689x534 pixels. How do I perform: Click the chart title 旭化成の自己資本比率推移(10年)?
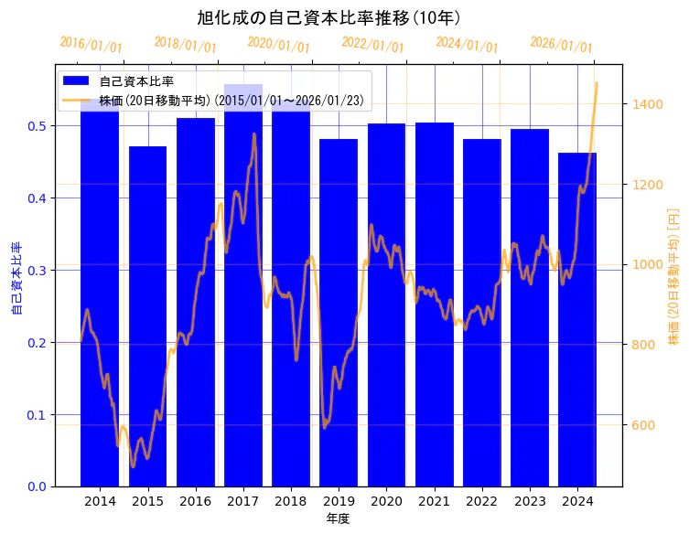(x=328, y=18)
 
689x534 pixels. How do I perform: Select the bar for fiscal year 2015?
(x=147, y=315)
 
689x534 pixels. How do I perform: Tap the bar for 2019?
(x=339, y=312)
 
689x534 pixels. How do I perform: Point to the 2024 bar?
(x=577, y=319)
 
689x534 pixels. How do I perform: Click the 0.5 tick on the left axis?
(x=38, y=126)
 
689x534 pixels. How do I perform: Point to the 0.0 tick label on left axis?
(x=38, y=486)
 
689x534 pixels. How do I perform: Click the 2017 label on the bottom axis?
(x=242, y=501)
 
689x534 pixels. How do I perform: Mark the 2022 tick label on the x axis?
(x=481, y=501)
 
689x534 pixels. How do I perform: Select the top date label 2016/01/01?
(x=91, y=45)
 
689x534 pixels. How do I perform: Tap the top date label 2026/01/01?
(x=561, y=45)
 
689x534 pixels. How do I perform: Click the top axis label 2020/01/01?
(x=279, y=45)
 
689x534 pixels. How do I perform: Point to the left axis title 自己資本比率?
(x=16, y=278)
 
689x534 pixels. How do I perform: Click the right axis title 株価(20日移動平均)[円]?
(x=674, y=275)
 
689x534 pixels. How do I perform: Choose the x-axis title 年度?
(x=338, y=518)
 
